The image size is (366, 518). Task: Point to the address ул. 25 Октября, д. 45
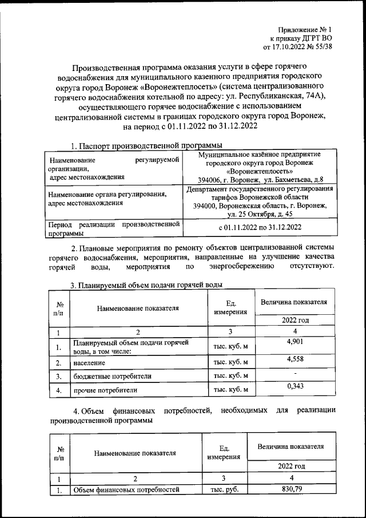point(260,214)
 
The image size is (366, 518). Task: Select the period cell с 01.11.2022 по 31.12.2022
point(260,227)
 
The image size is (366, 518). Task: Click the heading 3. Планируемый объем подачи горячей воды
point(146,285)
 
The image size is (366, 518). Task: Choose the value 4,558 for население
point(293,359)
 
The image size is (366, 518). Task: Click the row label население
point(89,363)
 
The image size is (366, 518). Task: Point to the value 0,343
point(293,387)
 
